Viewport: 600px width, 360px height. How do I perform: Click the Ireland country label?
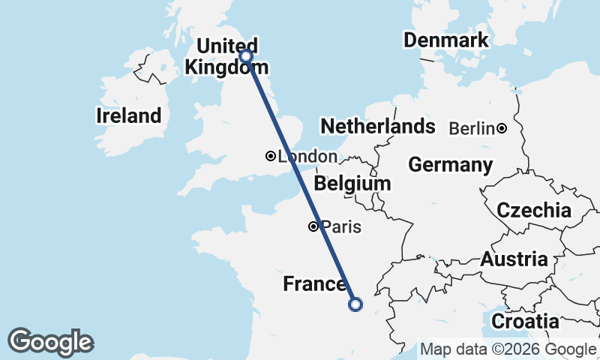click(128, 116)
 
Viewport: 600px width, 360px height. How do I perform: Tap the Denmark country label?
click(445, 40)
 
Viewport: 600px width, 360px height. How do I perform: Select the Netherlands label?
click(377, 126)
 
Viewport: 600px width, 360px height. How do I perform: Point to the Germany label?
click(450, 164)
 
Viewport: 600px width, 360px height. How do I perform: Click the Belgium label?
click(352, 184)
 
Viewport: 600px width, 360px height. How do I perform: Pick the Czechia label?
click(534, 211)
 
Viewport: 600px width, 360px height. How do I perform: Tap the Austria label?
click(514, 259)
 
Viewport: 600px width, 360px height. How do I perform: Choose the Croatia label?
click(526, 322)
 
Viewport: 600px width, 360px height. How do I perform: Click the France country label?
click(314, 284)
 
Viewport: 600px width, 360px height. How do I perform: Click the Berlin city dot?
click(501, 128)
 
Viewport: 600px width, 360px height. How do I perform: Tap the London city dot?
click(270, 156)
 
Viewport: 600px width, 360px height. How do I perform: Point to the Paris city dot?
click(313, 226)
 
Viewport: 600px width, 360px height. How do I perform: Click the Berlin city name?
click(472, 129)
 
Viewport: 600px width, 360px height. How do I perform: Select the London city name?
click(307, 157)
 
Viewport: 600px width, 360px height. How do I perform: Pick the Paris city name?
click(341, 226)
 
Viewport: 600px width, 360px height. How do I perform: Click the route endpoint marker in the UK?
click(245, 55)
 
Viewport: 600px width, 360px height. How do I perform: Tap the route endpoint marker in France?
click(355, 304)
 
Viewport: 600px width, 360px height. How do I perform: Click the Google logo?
click(50, 342)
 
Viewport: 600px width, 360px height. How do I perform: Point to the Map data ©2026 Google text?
click(508, 349)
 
